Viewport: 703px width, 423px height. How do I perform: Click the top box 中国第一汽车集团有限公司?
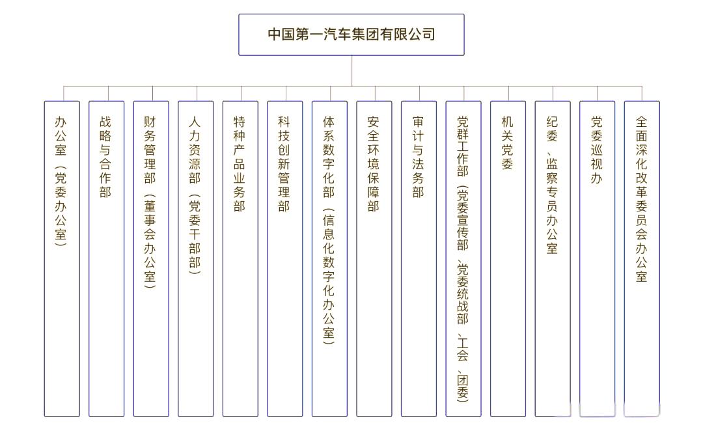click(x=351, y=34)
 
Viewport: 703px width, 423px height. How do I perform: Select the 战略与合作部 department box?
click(x=106, y=258)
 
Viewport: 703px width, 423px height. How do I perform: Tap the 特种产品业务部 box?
click(x=240, y=258)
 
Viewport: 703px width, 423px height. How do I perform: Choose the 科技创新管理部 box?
click(x=284, y=258)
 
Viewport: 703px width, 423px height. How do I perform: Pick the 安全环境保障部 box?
click(x=374, y=258)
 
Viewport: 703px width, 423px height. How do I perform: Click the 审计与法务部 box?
click(x=418, y=258)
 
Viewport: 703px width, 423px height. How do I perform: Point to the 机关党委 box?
click(x=507, y=258)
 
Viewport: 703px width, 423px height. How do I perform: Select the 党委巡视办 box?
click(x=596, y=258)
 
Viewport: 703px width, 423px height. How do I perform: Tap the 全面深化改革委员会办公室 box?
click(x=641, y=258)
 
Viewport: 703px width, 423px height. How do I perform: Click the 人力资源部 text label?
click(x=195, y=150)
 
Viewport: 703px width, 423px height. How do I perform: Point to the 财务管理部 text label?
click(x=150, y=150)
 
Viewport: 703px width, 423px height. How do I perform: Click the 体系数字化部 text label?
click(x=329, y=157)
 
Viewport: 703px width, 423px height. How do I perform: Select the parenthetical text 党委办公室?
click(x=61, y=206)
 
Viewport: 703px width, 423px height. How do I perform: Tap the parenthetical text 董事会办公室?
click(x=150, y=241)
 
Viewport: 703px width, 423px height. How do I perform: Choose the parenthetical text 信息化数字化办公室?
click(x=329, y=277)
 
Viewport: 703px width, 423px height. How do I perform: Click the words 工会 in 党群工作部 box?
click(x=463, y=349)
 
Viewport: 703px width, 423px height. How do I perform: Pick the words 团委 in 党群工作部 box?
click(x=463, y=387)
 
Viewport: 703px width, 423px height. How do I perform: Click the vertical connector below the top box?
click(x=351, y=70)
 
